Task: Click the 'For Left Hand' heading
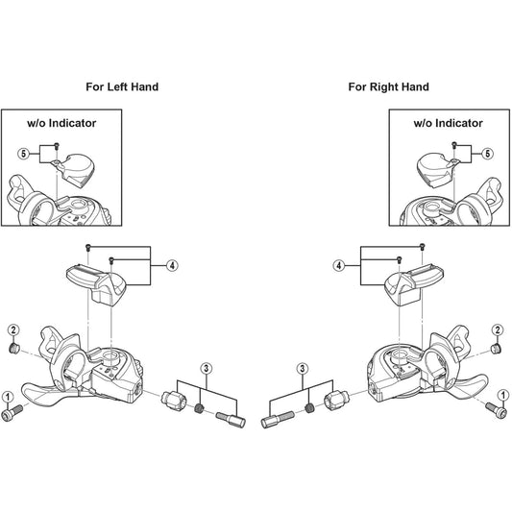[122, 86]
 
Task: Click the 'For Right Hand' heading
[389, 86]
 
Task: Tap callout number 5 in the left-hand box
[23, 154]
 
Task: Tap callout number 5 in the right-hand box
[488, 154]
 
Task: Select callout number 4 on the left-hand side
[172, 265]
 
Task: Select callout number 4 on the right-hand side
[339, 265]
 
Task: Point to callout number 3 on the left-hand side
[206, 369]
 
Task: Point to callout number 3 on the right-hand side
[303, 369]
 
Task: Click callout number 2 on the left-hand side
[13, 329]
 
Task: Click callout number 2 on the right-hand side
[498, 329]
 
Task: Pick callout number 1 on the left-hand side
[8, 397]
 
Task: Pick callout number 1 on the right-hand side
[503, 396]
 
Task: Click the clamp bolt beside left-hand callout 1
[12, 412]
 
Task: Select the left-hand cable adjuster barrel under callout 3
[174, 399]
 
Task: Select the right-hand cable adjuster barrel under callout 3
[336, 399]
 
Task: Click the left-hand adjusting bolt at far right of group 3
[231, 419]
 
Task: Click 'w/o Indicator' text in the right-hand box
[448, 123]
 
